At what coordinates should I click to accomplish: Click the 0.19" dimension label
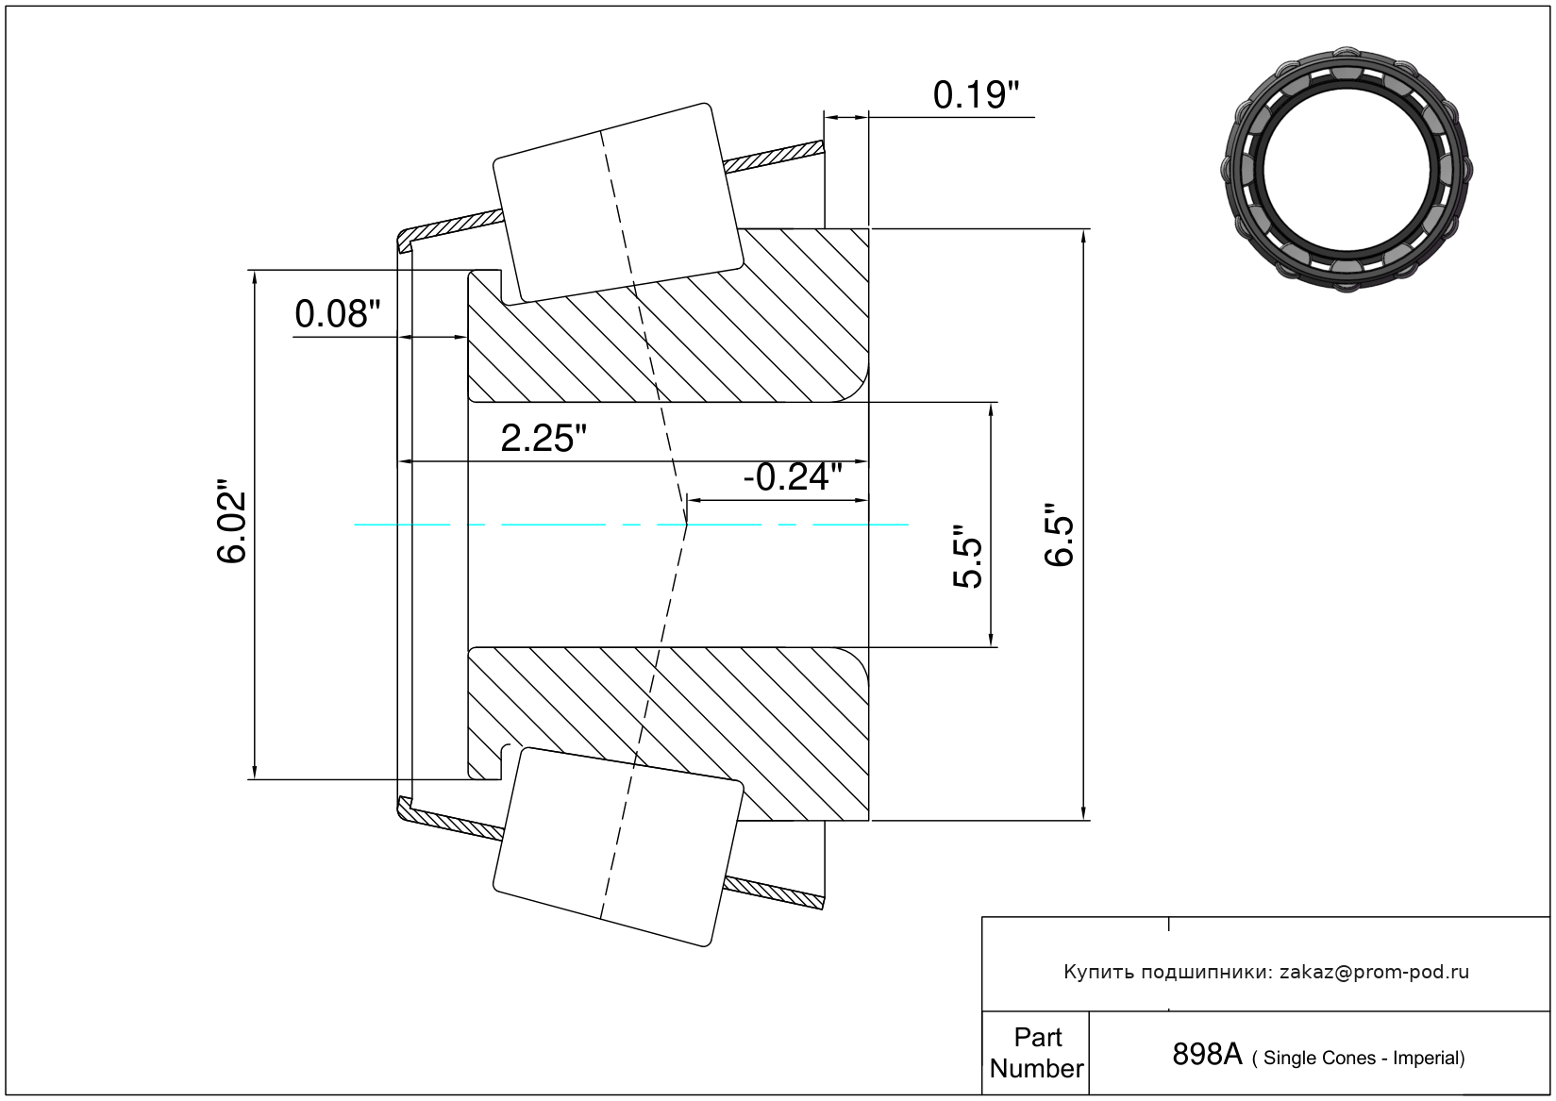(x=976, y=95)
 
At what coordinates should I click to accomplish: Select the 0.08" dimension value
(x=338, y=314)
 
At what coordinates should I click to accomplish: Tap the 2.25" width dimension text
(x=544, y=439)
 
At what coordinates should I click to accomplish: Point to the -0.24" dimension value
(x=793, y=477)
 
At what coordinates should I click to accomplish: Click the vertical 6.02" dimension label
(x=232, y=526)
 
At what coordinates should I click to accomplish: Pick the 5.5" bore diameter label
(x=968, y=557)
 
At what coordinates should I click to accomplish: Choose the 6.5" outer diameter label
(x=1060, y=540)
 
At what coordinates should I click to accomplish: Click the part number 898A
(x=1206, y=1054)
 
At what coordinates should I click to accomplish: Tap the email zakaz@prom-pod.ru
(x=1374, y=972)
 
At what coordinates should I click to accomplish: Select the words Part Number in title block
(x=1036, y=1053)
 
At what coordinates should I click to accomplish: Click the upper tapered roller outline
(x=618, y=203)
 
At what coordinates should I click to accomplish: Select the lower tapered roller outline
(x=618, y=846)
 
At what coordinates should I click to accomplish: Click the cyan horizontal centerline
(x=566, y=524)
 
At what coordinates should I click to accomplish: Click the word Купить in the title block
(x=1099, y=972)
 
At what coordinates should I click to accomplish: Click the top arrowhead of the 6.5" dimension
(x=1083, y=237)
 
